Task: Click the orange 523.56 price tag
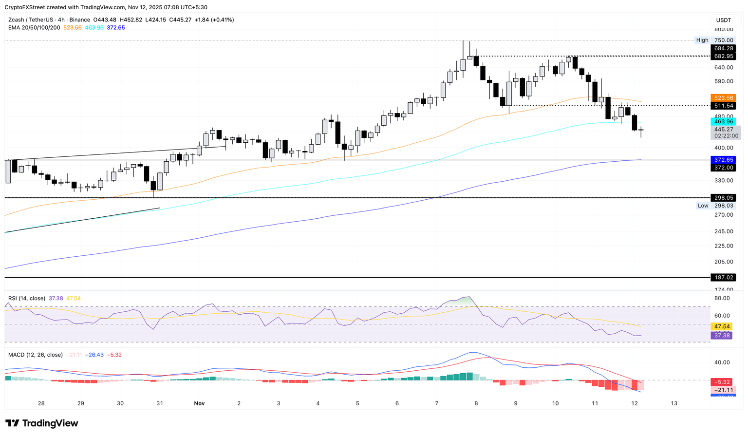click(723, 97)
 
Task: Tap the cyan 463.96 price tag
click(723, 121)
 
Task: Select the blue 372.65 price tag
click(723, 160)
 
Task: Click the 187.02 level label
click(723, 277)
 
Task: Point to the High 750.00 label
click(715, 40)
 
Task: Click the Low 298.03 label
click(715, 206)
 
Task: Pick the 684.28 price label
click(723, 48)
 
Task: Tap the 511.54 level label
click(723, 106)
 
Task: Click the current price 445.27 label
click(723, 130)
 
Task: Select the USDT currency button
click(723, 20)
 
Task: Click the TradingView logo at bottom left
click(42, 423)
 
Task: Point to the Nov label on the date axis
click(199, 403)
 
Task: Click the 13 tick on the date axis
click(674, 403)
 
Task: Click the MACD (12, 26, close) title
click(36, 355)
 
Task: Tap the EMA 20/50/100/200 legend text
click(34, 28)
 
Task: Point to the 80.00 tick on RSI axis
click(722, 298)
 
